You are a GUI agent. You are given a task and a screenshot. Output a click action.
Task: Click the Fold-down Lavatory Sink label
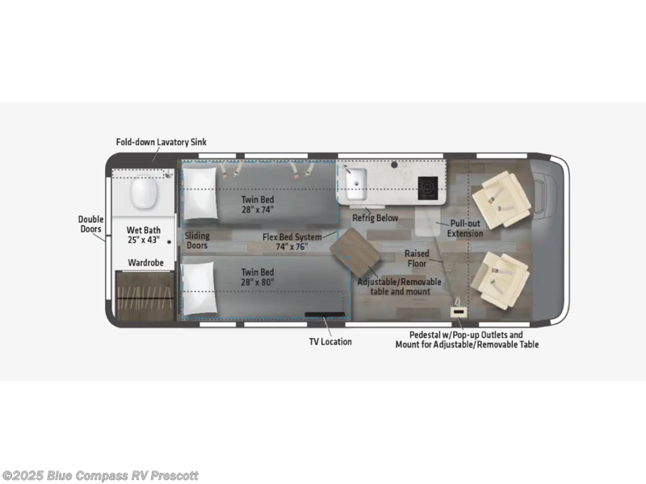161,142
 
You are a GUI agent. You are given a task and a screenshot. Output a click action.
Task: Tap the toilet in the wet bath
144,192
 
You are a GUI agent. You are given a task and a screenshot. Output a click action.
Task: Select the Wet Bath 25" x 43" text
144,235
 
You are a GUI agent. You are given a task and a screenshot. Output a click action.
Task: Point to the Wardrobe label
145,263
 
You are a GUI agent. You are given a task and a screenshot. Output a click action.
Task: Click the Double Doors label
90,224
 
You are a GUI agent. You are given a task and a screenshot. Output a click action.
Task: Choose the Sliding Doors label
197,240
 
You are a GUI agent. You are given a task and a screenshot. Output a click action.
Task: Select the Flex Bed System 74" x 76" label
292,241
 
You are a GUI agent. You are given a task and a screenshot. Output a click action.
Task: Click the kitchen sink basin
355,184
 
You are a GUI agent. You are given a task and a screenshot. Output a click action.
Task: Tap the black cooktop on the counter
428,188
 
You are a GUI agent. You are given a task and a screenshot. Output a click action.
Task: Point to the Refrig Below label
375,218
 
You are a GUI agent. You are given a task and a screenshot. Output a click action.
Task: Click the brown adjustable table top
355,252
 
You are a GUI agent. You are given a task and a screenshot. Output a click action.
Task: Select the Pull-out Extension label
465,228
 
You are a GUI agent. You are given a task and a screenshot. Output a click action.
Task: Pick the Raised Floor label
417,258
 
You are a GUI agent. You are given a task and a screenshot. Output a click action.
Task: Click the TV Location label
330,341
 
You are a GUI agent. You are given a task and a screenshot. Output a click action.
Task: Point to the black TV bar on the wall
325,315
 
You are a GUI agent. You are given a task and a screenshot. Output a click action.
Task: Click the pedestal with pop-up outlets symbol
458,312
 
